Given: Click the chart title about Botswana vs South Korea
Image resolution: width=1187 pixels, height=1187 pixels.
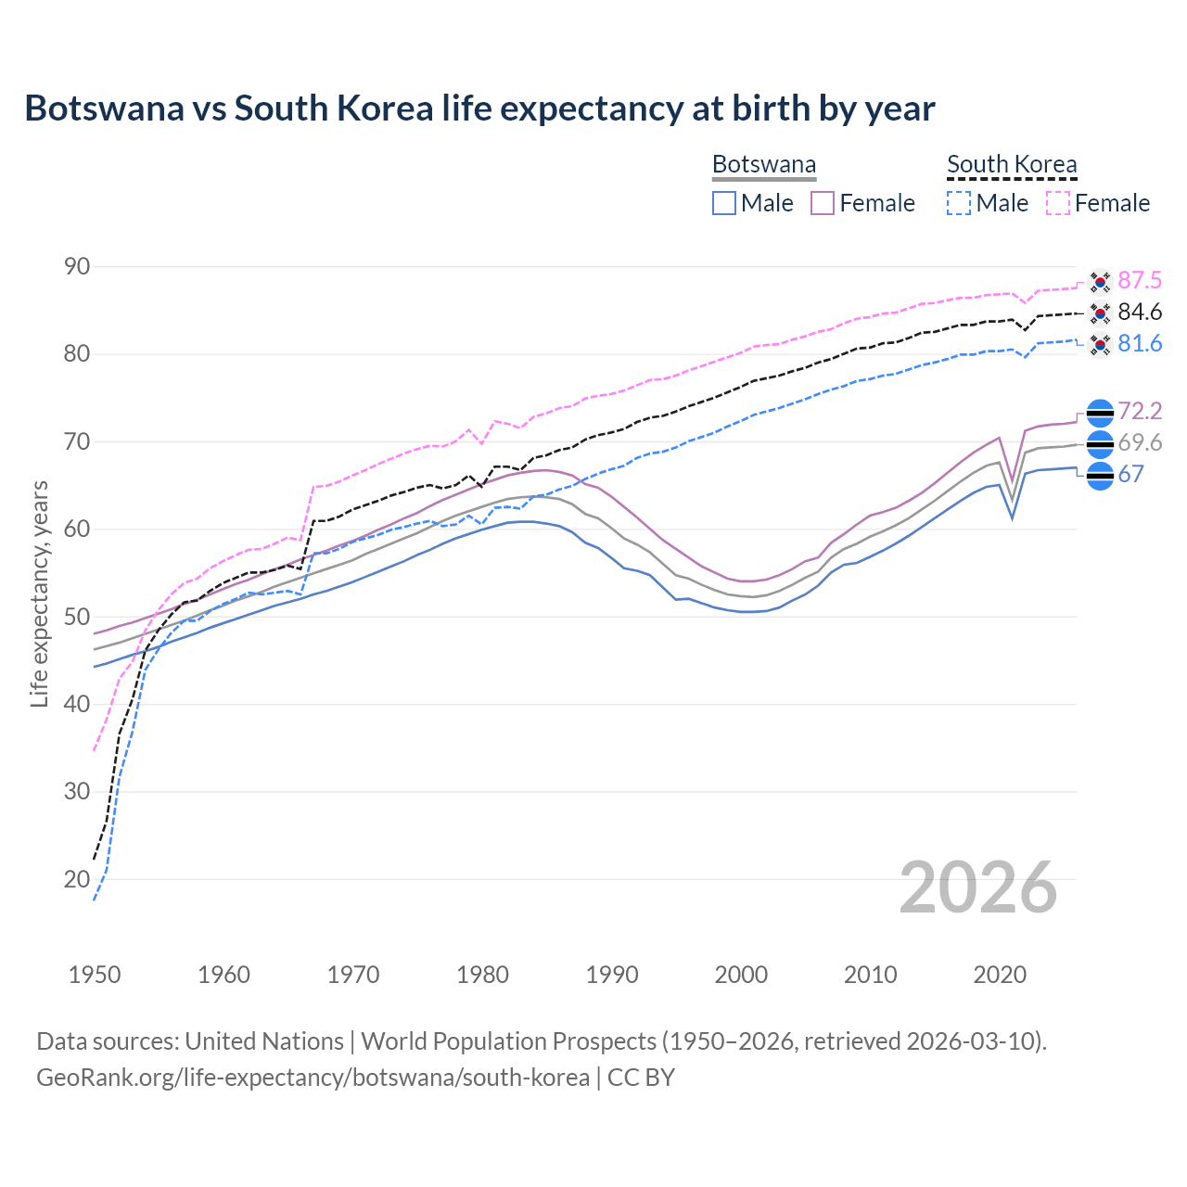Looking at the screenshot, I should [479, 108].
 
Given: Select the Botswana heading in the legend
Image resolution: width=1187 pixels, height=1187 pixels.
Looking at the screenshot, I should [764, 164].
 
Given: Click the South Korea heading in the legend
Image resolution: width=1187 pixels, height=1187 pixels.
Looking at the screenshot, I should [1012, 164].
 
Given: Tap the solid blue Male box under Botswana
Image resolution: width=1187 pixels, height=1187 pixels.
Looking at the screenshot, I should [724, 203].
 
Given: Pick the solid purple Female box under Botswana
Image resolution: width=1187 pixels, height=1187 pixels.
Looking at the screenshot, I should [823, 203].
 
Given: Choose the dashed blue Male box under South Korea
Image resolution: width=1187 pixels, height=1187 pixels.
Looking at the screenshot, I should [959, 203].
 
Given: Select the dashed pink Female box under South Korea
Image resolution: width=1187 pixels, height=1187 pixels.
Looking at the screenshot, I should [1058, 203].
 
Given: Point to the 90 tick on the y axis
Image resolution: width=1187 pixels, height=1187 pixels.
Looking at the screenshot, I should [77, 267].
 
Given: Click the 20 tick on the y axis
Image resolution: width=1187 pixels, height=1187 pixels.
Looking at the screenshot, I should [77, 879].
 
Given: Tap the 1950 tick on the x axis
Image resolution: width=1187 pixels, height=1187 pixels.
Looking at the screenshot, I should [95, 975].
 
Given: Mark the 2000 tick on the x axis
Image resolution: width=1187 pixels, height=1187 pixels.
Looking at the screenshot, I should [741, 975].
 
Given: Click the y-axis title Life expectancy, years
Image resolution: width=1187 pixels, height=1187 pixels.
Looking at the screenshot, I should [39, 593].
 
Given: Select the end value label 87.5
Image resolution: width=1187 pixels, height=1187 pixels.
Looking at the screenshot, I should [1140, 281].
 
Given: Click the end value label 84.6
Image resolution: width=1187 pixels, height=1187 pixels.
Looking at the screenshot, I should [1140, 313].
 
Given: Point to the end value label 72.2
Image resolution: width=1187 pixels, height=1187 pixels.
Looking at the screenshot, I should [1140, 412].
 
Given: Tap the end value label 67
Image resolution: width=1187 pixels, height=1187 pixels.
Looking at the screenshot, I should [1130, 475].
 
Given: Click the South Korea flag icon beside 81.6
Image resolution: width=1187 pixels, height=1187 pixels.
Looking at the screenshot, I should [1100, 345].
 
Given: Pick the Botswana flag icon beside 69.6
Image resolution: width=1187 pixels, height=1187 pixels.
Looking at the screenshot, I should [1100, 444].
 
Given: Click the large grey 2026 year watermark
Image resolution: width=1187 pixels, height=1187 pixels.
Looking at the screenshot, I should [978, 887].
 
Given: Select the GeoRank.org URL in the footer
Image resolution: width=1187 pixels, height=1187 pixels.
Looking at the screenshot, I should [313, 1078].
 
